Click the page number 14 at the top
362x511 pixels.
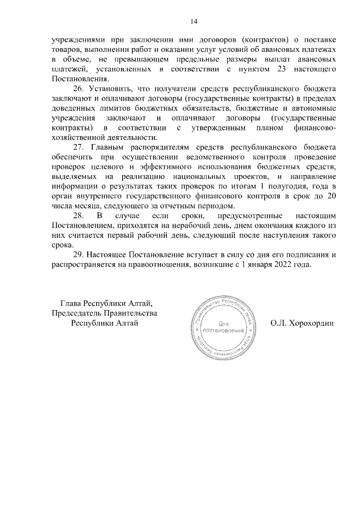193,21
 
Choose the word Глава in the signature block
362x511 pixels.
72,304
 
